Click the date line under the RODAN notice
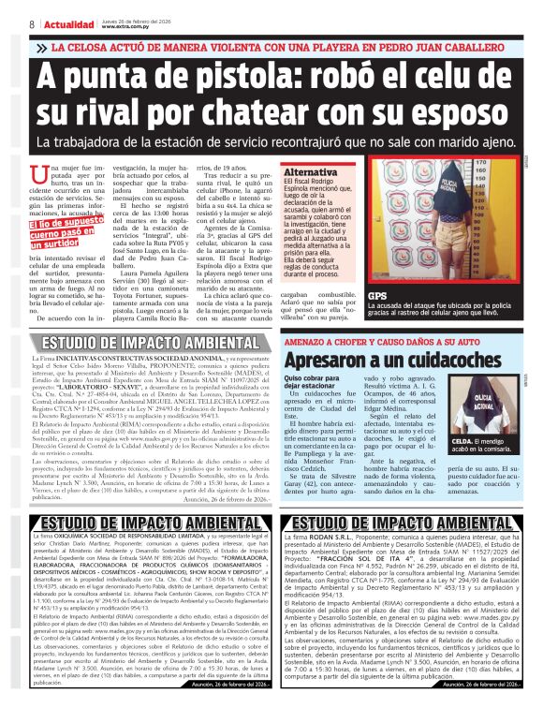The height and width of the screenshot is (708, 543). click(487, 685)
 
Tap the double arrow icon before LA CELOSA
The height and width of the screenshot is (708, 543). click(39, 46)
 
